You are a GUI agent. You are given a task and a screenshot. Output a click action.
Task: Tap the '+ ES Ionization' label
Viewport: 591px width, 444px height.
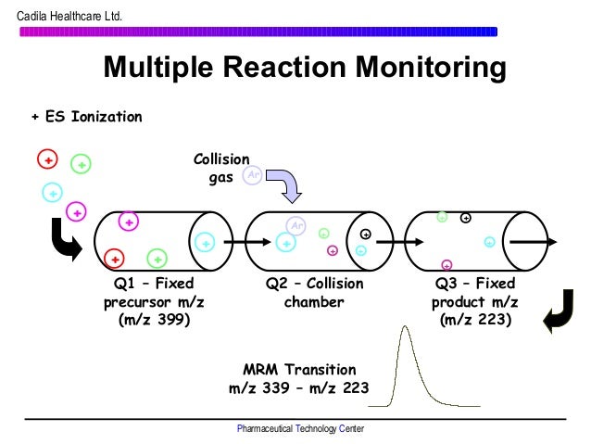(86, 117)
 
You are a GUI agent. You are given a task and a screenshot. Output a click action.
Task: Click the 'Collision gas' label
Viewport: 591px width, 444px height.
(214, 168)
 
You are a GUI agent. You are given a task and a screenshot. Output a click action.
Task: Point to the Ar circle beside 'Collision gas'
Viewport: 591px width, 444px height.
(251, 175)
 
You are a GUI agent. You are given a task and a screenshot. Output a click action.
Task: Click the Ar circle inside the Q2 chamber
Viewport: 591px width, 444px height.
(296, 225)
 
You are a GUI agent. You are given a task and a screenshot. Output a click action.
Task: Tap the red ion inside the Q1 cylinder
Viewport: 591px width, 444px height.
(114, 258)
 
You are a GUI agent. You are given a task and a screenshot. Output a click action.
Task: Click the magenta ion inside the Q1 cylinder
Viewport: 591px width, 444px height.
(129, 222)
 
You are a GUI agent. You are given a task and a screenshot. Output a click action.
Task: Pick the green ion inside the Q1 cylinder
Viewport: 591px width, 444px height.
(157, 259)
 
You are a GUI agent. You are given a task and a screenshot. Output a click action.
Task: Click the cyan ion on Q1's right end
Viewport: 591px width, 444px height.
(206, 242)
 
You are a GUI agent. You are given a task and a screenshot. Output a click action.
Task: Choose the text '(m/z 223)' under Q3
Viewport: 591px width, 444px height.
(475, 320)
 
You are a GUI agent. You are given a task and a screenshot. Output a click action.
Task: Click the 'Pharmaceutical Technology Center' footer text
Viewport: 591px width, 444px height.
(300, 429)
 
